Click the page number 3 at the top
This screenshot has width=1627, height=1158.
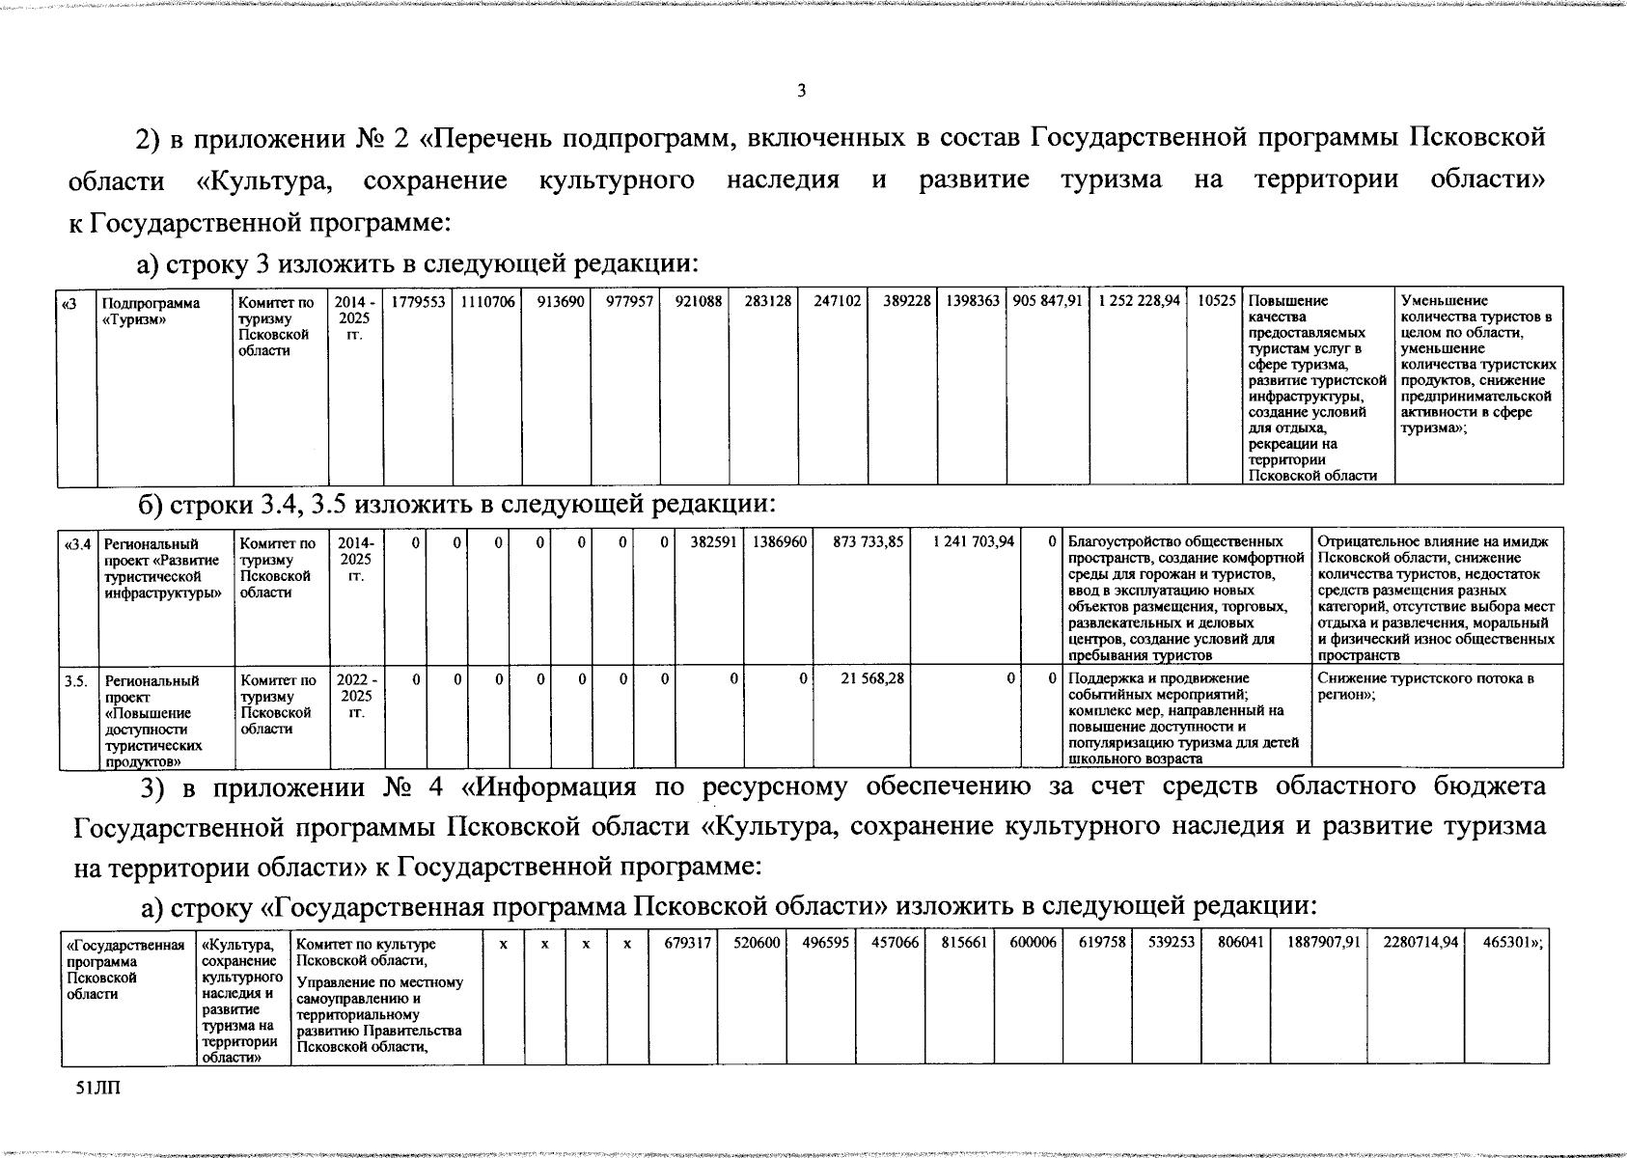tap(800, 92)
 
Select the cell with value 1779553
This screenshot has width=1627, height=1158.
tap(418, 302)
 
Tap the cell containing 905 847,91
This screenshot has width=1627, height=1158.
tap(1047, 302)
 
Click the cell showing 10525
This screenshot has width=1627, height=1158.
tap(1216, 302)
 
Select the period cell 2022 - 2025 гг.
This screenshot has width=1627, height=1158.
tap(356, 696)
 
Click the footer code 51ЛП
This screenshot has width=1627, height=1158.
tap(97, 1089)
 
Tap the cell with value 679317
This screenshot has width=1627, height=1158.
tap(687, 944)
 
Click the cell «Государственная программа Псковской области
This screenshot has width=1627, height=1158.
tap(124, 969)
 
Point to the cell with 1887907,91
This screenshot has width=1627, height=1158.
tap(1323, 944)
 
